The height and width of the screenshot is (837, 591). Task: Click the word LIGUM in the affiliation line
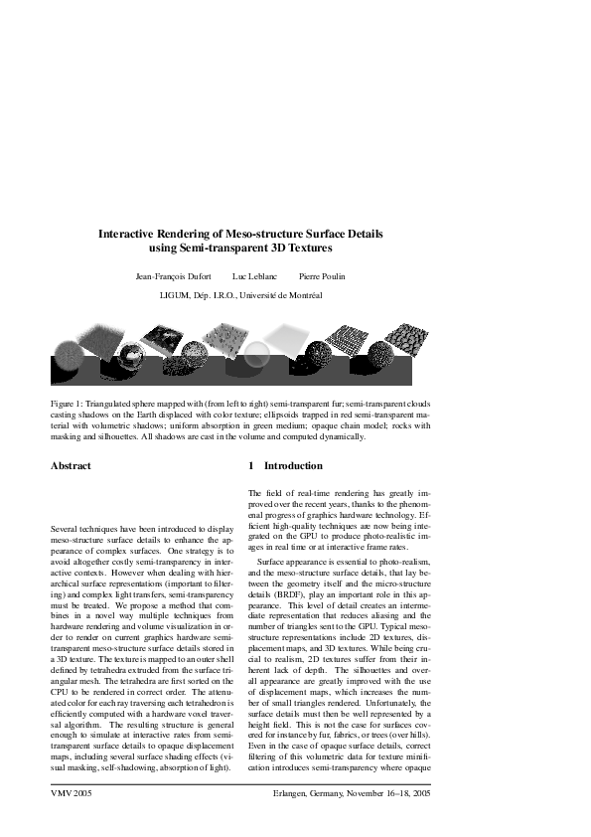[177, 295]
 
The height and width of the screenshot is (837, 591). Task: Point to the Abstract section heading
[71, 465]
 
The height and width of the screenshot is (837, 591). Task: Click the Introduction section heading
[293, 465]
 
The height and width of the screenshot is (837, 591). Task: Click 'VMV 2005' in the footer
[72, 795]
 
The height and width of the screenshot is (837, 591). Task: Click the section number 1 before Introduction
[251, 465]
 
